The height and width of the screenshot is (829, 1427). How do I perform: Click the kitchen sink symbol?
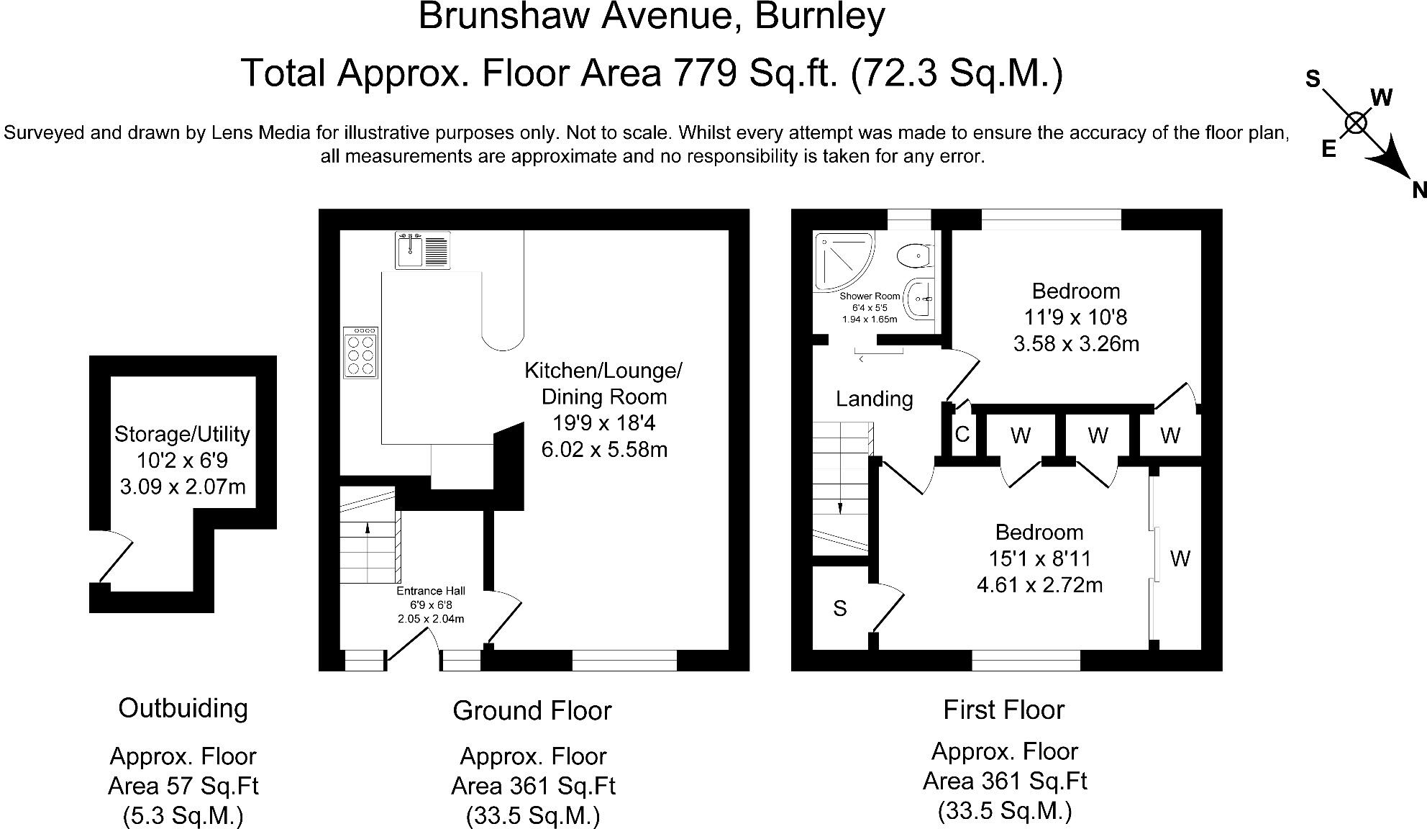click(x=422, y=250)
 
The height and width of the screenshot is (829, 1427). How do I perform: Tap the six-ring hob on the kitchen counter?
click(x=361, y=353)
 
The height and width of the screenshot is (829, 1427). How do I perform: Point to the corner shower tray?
click(x=842, y=259)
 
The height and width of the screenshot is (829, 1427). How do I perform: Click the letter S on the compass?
click(x=1313, y=78)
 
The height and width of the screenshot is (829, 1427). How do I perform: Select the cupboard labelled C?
click(x=962, y=435)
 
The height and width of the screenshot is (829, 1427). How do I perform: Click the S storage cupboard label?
click(x=839, y=609)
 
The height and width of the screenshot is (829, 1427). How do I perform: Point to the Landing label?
click(x=874, y=399)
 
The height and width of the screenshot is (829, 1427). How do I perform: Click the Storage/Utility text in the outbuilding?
click(x=182, y=434)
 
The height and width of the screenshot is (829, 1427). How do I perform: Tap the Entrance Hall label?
click(x=431, y=591)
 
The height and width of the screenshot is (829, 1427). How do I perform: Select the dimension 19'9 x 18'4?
click(x=603, y=423)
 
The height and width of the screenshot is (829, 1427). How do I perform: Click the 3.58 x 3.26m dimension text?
click(x=1076, y=344)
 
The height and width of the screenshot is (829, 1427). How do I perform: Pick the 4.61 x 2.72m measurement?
click(x=1039, y=585)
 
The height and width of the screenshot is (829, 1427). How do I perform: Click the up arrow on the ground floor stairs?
click(x=368, y=529)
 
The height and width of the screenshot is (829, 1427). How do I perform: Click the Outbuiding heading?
click(x=183, y=708)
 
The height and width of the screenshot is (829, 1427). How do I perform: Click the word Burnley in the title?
click(x=819, y=17)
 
